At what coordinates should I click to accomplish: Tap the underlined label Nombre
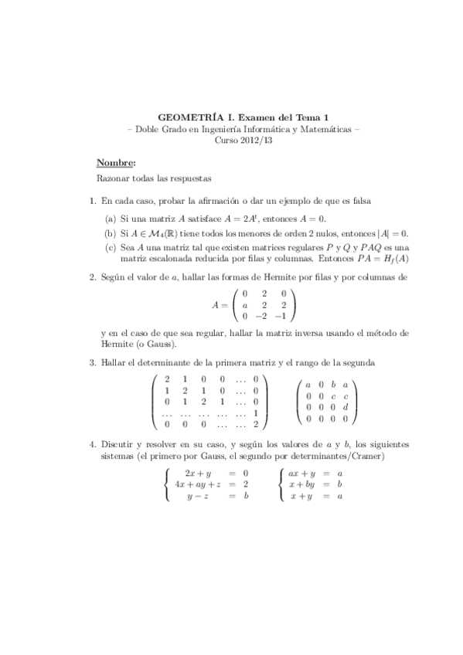click(x=115, y=163)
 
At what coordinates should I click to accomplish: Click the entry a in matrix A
click(x=244, y=304)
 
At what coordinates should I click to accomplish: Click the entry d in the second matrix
click(x=345, y=406)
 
